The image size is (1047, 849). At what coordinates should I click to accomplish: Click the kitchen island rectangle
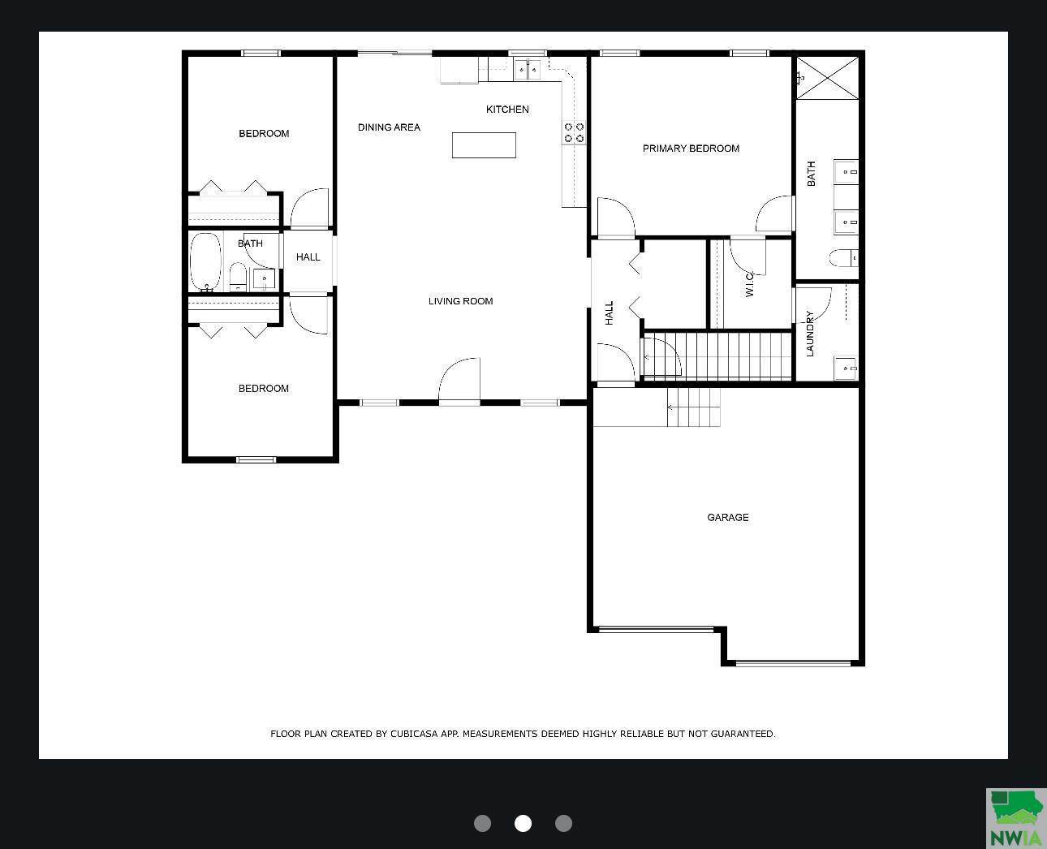click(484, 145)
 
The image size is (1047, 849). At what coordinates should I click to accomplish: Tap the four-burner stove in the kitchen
click(574, 132)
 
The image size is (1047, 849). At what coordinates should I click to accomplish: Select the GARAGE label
click(727, 517)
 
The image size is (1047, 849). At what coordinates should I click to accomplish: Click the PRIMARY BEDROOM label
click(691, 149)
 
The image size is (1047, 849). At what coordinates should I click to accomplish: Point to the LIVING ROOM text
click(460, 301)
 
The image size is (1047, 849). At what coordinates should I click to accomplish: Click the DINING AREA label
click(389, 127)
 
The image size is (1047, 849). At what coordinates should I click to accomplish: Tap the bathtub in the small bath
click(205, 262)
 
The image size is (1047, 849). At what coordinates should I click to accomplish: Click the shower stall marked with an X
click(826, 78)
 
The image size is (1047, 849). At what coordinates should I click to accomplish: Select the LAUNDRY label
click(809, 334)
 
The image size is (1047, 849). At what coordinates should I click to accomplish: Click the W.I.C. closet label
click(750, 284)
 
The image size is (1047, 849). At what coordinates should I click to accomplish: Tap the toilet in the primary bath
click(842, 258)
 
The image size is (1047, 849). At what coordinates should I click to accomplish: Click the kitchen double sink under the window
click(528, 70)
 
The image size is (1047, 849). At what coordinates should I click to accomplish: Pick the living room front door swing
click(460, 379)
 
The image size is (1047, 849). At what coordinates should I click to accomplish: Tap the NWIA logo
click(1015, 817)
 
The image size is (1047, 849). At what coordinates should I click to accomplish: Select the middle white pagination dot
click(523, 823)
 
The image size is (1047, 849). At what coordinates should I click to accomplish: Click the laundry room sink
click(846, 368)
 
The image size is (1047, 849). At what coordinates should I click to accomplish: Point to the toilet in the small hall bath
click(237, 275)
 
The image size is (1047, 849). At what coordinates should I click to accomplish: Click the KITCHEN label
click(507, 110)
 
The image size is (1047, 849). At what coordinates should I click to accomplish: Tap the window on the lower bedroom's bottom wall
click(256, 460)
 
